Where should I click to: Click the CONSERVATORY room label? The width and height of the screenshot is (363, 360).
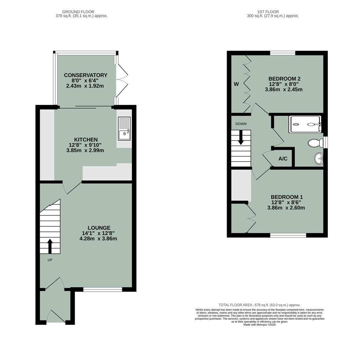[85, 75]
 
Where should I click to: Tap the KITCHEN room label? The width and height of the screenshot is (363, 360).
[86, 140]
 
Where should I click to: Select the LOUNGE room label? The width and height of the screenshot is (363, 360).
[99, 228]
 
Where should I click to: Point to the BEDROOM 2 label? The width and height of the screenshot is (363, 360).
[284, 79]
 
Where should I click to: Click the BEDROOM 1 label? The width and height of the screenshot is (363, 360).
[286, 197]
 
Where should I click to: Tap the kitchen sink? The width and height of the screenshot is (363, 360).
[124, 128]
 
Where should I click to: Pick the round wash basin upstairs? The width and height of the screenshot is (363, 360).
[318, 159]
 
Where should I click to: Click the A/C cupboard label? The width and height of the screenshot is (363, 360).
[283, 159]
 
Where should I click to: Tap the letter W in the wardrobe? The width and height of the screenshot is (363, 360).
[236, 84]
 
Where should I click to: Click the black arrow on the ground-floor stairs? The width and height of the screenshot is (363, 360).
[50, 246]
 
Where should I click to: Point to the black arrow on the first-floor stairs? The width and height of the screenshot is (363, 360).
[241, 138]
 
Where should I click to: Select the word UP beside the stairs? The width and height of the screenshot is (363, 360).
[50, 260]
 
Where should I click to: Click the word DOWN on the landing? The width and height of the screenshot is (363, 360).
[241, 124]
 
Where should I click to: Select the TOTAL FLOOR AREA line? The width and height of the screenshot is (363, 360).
[259, 305]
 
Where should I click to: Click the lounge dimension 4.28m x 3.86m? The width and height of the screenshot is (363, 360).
[98, 239]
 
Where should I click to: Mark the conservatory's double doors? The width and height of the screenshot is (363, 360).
[122, 80]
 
